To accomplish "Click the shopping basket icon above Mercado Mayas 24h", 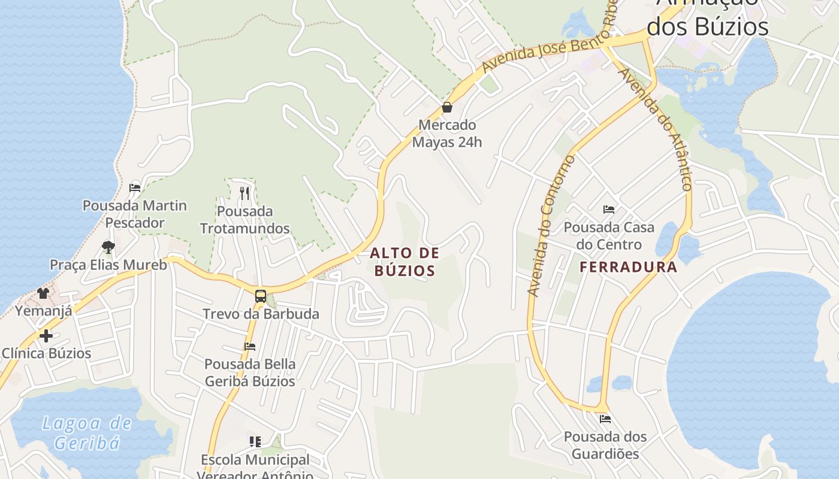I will [x=446, y=108].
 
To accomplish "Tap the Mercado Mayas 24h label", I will [x=447, y=134].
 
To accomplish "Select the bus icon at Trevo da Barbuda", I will [x=260, y=296].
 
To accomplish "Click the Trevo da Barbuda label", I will [x=261, y=314].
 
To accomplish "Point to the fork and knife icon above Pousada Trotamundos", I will [x=244, y=193].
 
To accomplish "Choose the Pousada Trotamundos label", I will [x=245, y=220].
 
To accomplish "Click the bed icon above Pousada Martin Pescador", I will [x=135, y=188].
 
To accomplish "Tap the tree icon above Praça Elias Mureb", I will [x=108, y=247].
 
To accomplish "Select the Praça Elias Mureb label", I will [x=108, y=265].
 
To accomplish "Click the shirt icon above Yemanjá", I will [x=43, y=293].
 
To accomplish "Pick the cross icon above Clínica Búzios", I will [x=46, y=335].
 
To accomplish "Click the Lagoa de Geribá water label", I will [x=87, y=433].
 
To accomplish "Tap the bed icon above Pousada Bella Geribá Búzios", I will [x=250, y=347].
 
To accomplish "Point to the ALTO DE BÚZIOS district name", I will [x=405, y=262].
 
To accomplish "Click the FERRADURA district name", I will [x=628, y=267].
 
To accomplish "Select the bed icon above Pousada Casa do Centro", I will [x=609, y=210].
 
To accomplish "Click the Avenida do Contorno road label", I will [x=551, y=225].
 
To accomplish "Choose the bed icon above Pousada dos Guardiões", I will [x=605, y=419].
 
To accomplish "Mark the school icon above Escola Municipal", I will [x=255, y=442].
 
